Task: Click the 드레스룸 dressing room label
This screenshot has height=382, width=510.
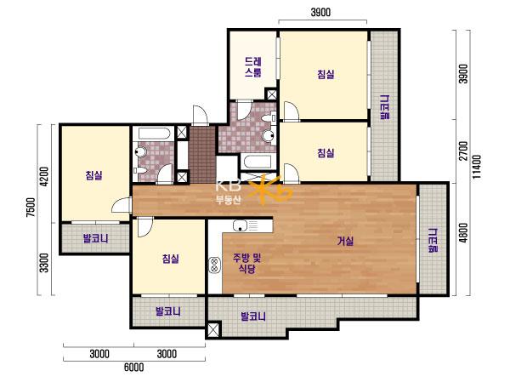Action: click(253, 66)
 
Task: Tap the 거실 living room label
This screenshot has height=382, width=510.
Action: click(345, 242)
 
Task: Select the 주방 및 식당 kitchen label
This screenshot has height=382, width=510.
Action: click(246, 264)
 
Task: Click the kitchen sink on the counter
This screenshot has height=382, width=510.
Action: click(241, 225)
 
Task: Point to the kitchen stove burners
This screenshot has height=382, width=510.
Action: click(214, 264)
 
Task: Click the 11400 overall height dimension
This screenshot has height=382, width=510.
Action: click(477, 167)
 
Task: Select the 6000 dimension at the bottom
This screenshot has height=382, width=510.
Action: click(134, 368)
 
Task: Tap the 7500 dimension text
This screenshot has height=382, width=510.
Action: click(31, 207)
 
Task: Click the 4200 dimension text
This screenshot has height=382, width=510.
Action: click(44, 176)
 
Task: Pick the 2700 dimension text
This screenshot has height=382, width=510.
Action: click(463, 151)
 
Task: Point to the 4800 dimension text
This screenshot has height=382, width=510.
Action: click(463, 232)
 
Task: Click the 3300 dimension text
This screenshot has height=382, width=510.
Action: click(44, 263)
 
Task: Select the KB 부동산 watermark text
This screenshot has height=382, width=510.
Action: click(229, 192)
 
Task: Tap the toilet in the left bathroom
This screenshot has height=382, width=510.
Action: click(141, 152)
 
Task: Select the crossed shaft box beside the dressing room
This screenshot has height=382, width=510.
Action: click(271, 94)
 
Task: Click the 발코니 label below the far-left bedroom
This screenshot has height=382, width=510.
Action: click(95, 239)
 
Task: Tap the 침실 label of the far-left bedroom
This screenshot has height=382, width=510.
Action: click(94, 175)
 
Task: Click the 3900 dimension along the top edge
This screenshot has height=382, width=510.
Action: click(320, 13)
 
